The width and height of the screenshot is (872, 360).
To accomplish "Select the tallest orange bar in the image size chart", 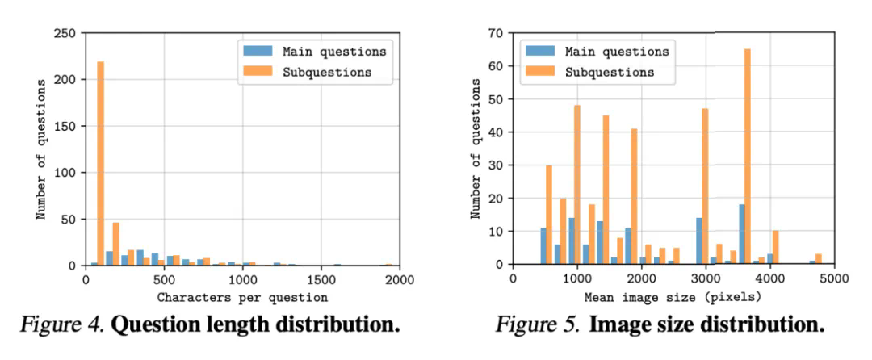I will point(747,157).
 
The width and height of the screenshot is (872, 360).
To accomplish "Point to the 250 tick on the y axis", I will point(65,33).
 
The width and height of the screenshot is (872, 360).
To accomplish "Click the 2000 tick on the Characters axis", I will point(400,280).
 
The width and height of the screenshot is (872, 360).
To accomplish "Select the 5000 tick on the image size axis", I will point(834,280).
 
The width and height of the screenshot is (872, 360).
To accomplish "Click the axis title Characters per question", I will point(242,295).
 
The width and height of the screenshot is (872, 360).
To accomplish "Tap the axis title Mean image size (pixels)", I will point(673,295).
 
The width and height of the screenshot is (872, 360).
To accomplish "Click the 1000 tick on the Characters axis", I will point(242,280).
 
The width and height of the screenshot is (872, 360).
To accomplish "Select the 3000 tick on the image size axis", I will point(706,280).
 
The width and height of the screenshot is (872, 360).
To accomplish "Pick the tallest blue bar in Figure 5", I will point(740,235).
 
